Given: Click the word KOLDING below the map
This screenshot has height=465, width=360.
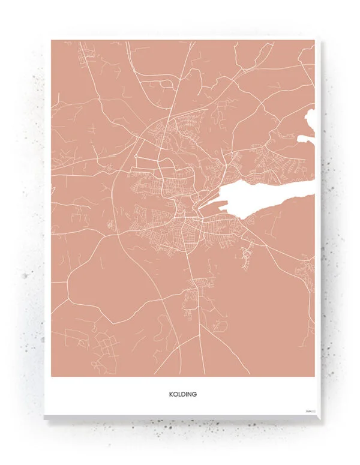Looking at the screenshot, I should pyautogui.click(x=183, y=395).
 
